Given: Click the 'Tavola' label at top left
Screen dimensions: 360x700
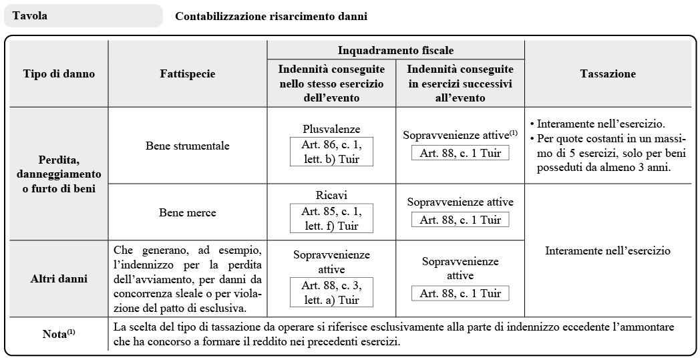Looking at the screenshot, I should (x=30, y=15).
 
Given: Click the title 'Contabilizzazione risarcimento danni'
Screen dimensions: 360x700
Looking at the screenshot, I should (x=271, y=16).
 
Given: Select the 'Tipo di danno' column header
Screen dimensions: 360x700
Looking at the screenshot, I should (x=59, y=74).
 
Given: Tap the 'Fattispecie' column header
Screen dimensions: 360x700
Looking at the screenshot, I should (x=188, y=74).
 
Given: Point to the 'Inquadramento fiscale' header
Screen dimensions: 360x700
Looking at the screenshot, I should (x=395, y=51).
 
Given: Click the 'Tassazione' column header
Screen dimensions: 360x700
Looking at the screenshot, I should (x=608, y=74).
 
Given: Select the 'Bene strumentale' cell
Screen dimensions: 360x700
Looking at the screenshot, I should (x=188, y=145).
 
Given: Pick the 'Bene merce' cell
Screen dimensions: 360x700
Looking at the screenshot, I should (x=188, y=212).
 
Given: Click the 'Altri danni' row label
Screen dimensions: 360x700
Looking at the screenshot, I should (x=59, y=278).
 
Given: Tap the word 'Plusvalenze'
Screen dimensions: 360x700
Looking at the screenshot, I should (x=331, y=129).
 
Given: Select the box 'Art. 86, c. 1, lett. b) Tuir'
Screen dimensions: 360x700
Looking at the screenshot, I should (x=331, y=151).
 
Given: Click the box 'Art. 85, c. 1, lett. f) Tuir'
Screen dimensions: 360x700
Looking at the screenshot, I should (x=331, y=218).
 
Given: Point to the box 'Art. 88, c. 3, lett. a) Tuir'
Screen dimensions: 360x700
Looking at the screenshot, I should (x=331, y=292).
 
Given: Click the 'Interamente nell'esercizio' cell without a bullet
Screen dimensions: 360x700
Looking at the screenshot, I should (x=608, y=251).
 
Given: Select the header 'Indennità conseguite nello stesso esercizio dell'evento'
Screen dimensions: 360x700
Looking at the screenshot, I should (x=331, y=83).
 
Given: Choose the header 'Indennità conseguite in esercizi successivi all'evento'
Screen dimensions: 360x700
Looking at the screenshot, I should (x=460, y=83).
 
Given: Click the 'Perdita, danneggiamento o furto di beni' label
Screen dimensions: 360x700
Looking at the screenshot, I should (x=59, y=173).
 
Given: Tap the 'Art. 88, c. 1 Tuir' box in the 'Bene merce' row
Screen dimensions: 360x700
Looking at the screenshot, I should (x=460, y=219).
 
